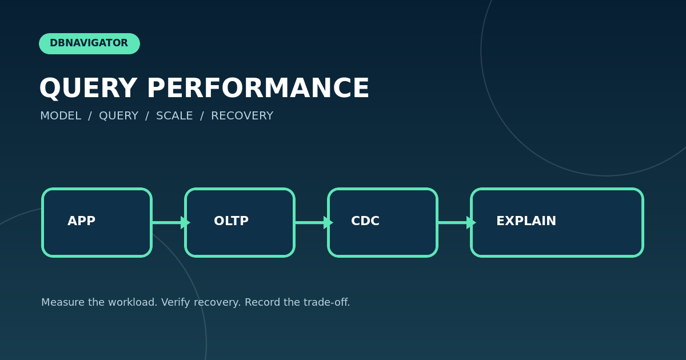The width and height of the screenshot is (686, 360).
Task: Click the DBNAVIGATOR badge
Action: [x=89, y=43]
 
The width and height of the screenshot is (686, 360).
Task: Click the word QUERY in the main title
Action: [x=88, y=88]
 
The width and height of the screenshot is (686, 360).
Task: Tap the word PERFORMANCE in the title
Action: [x=258, y=88]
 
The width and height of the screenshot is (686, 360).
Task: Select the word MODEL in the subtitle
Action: [x=61, y=115]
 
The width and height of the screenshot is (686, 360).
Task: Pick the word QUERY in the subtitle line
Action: [x=118, y=116]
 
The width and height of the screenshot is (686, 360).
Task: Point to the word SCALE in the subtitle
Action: [x=174, y=115]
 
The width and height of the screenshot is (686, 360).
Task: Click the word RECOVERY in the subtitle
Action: [x=242, y=115]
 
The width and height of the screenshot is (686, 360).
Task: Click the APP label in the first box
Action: [x=81, y=221]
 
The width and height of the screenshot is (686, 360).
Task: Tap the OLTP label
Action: [x=231, y=221]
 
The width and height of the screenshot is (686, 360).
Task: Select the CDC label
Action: [x=365, y=221]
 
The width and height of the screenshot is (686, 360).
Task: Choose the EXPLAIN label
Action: [x=526, y=221]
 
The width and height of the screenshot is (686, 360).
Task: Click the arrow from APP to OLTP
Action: [x=171, y=222]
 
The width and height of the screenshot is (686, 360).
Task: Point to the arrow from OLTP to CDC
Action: [x=314, y=222]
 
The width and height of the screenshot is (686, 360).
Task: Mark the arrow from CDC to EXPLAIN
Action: [x=457, y=222]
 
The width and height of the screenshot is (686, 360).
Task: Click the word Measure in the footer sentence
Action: [x=63, y=302]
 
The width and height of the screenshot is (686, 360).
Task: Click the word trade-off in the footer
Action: [x=327, y=302]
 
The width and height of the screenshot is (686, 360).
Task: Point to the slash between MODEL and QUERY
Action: [x=90, y=116]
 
